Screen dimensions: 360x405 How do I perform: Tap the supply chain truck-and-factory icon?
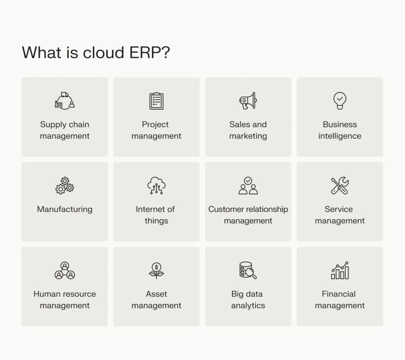tap(64, 100)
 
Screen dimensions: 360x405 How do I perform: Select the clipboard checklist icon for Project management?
tap(156, 100)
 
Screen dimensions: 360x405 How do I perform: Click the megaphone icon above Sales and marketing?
tap(248, 100)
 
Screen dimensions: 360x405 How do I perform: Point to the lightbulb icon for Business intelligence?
tap(340, 100)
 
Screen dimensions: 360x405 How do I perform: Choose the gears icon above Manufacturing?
tap(64, 186)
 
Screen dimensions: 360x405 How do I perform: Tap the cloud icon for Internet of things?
tap(156, 186)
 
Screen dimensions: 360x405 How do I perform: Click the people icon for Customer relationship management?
tap(248, 186)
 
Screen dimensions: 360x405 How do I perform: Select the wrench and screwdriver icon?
tap(340, 186)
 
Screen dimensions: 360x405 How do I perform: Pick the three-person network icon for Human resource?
tap(64, 271)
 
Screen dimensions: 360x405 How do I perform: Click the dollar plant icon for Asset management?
tap(156, 271)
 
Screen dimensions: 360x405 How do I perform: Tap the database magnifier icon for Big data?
tap(248, 271)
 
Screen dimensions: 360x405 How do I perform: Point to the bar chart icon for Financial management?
tap(340, 271)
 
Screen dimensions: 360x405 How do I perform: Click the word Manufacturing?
tap(64, 209)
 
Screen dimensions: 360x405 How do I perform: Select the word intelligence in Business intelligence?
tap(340, 136)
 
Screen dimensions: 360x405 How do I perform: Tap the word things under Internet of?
tap(156, 221)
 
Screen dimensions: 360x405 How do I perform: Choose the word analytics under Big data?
tap(248, 306)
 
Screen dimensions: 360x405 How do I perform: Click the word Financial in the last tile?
tap(339, 294)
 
